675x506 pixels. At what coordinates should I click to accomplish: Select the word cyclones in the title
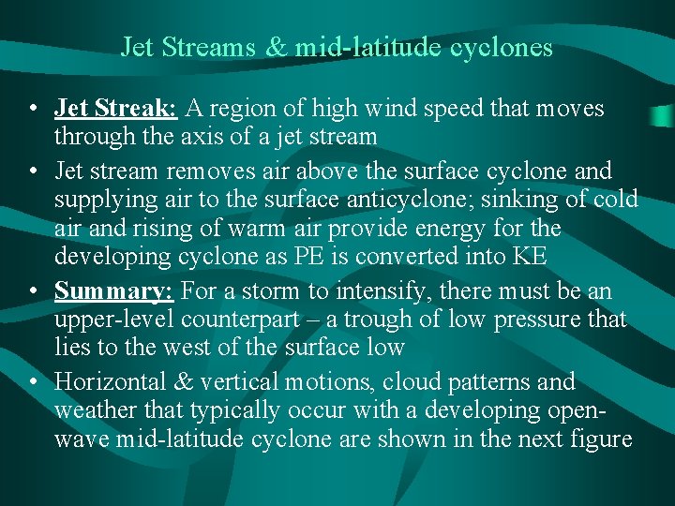point(503,47)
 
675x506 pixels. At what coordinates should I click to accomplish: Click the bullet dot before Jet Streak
point(33,109)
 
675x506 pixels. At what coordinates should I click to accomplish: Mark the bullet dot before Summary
point(33,291)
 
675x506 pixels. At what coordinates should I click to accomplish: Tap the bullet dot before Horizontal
point(33,382)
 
